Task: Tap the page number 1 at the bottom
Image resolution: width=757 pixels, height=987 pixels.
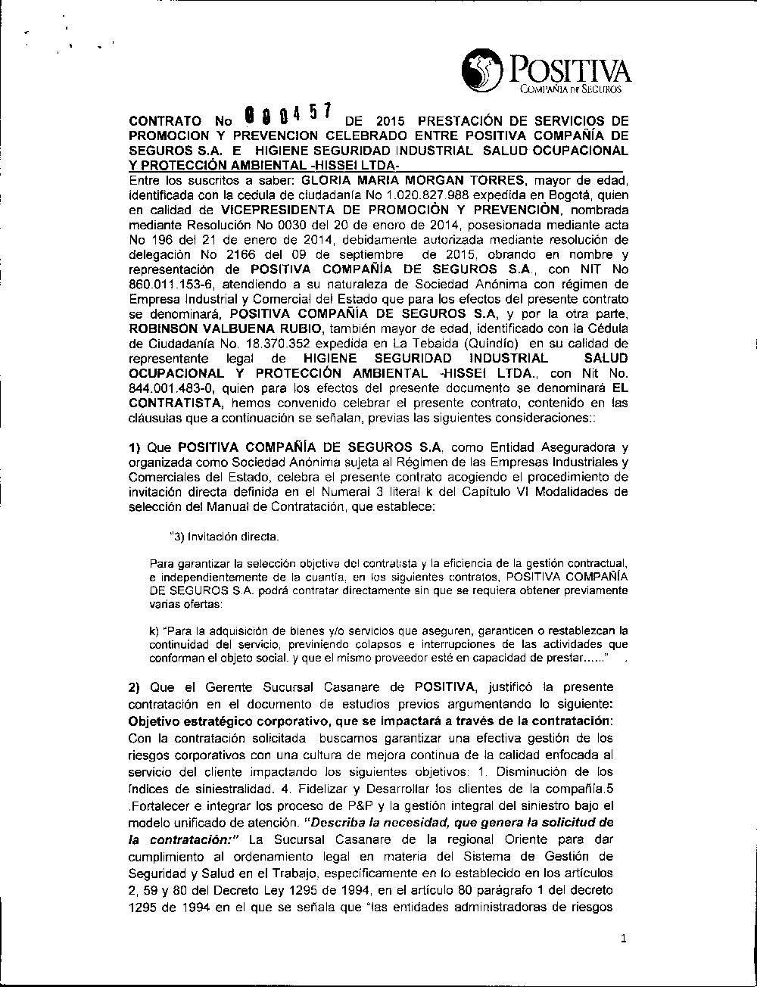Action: [622, 939]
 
